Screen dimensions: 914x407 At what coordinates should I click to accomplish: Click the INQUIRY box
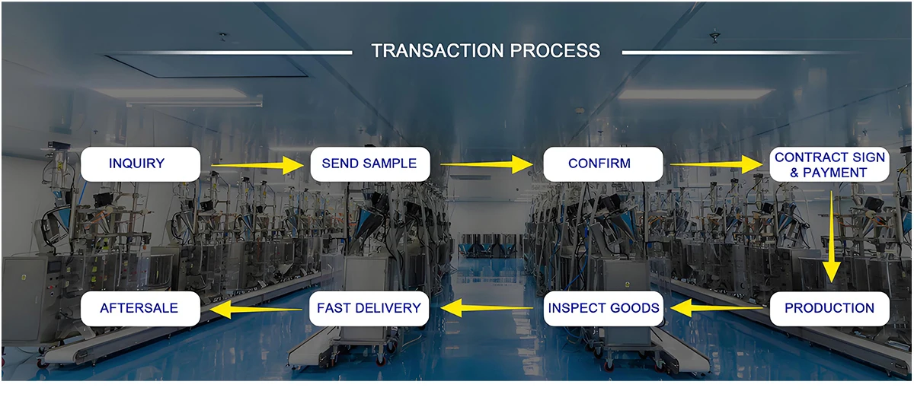(x=140, y=164)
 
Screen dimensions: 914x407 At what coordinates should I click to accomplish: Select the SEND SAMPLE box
(x=370, y=164)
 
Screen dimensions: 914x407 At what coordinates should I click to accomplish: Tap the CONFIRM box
(x=603, y=164)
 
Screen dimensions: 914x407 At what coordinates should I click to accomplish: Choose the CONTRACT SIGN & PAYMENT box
(x=829, y=164)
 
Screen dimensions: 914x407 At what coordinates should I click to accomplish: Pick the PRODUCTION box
(x=829, y=308)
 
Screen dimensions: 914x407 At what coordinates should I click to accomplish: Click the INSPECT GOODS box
(x=603, y=308)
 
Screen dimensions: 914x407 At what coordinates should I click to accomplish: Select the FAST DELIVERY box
(x=369, y=308)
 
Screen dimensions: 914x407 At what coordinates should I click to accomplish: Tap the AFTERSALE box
(x=140, y=308)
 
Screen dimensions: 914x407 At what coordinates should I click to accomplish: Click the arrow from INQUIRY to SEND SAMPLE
(x=257, y=165)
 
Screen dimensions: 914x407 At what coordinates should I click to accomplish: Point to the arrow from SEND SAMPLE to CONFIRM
(x=487, y=164)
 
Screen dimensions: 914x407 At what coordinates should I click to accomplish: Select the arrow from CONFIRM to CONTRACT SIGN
(x=717, y=164)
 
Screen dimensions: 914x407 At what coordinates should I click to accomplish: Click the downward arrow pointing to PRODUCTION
(x=831, y=237)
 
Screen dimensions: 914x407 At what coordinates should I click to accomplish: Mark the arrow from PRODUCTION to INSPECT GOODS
(x=717, y=308)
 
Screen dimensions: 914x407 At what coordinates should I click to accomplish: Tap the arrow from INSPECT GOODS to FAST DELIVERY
(x=487, y=308)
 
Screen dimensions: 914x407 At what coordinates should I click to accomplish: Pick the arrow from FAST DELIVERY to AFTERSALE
(x=256, y=310)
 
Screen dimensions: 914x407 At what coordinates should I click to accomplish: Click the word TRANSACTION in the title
(x=437, y=51)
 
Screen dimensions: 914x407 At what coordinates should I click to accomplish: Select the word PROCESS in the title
(x=555, y=51)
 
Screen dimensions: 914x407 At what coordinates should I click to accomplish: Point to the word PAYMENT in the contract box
(x=835, y=173)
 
